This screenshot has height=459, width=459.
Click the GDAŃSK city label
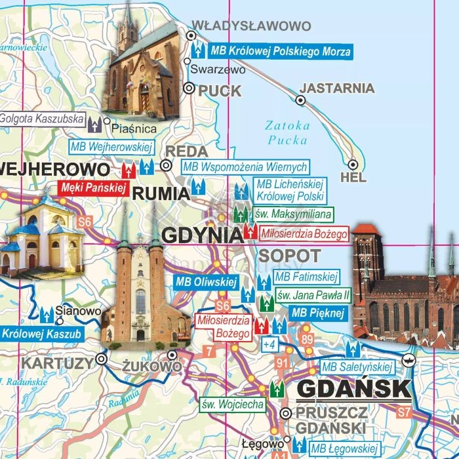click(353, 389)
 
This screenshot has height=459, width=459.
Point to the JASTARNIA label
click(337, 88)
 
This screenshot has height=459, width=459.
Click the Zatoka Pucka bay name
click(287, 132)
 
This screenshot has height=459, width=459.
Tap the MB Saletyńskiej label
click(357, 367)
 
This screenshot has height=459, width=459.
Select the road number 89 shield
click(308, 339)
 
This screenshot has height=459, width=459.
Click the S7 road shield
click(405, 412)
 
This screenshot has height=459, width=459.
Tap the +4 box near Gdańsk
click(268, 344)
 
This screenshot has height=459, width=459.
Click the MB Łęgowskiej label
click(345, 449)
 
